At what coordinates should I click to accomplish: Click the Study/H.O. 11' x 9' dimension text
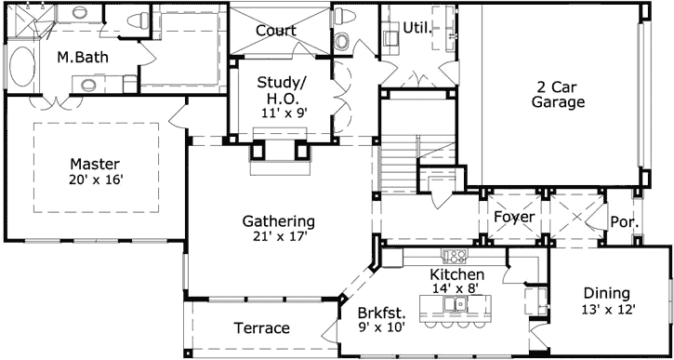pos(281,113)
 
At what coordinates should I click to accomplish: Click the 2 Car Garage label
pos(558,94)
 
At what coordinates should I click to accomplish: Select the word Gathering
pos(279,221)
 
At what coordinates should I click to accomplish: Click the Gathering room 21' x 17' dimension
pos(279,237)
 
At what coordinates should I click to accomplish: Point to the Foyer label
pos(513,218)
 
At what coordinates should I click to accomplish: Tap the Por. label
pos(623,221)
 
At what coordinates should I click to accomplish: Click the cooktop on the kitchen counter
pos(456,254)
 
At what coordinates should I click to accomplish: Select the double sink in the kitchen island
pos(455,302)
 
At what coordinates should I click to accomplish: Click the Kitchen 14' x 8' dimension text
pos(456,288)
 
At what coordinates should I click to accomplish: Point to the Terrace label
pos(261,328)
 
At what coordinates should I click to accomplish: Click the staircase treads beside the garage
pos(401,149)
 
